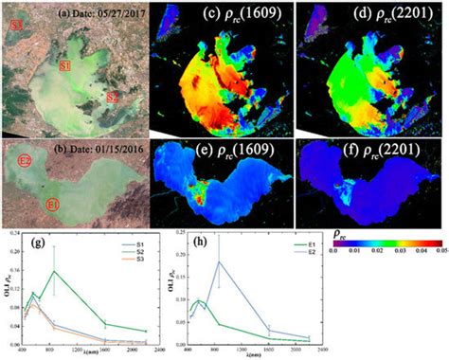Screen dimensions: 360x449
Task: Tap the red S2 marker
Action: pyautogui.click(x=113, y=98)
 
